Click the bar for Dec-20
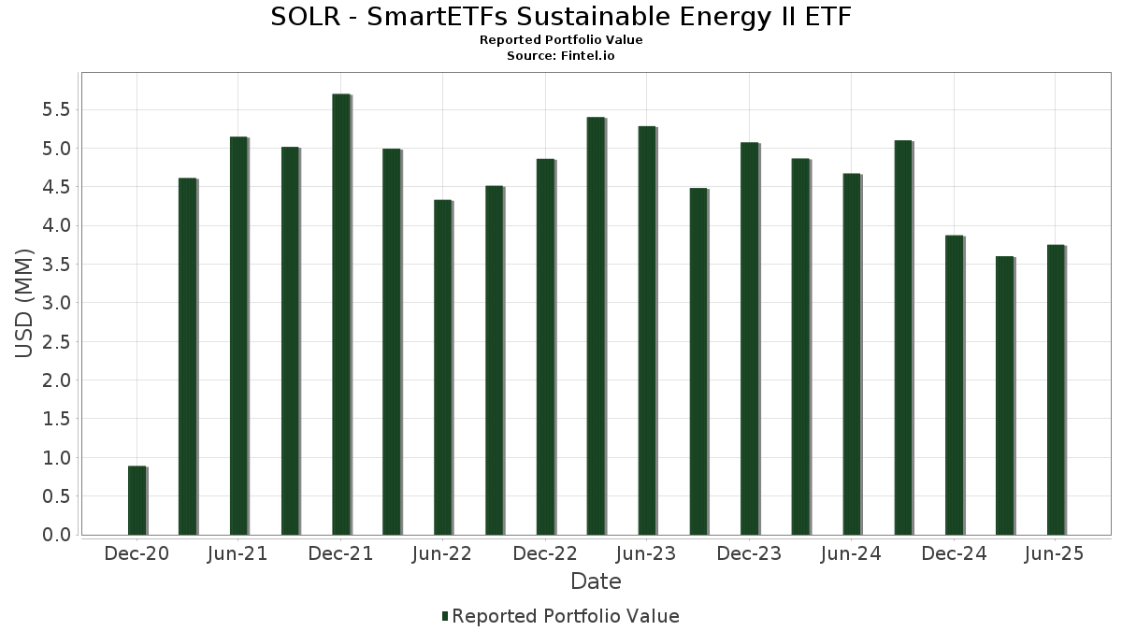click(x=137, y=500)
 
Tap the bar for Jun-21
click(x=238, y=337)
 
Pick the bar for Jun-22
click(x=442, y=368)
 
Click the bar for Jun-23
click(x=647, y=331)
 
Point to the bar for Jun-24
click(x=851, y=354)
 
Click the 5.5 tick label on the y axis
click(x=55, y=110)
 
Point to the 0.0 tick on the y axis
click(x=55, y=535)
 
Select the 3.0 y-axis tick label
click(x=55, y=303)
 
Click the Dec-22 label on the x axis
click(x=545, y=554)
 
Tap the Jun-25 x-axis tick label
click(x=1056, y=554)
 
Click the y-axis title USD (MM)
click(x=25, y=303)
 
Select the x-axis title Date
click(x=596, y=581)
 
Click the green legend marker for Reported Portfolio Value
click(x=445, y=616)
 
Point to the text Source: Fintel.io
click(x=561, y=55)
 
